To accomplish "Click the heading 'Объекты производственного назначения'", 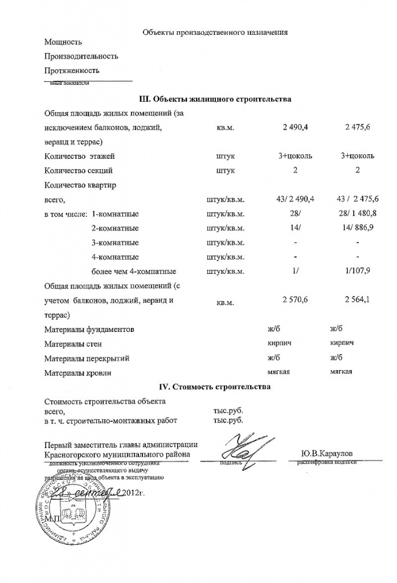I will tap(215, 32).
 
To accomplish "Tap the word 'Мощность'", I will tap(63, 42).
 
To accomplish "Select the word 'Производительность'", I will tap(81, 56).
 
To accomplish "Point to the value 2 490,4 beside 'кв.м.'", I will tap(295, 127).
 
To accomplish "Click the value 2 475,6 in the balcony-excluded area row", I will tap(358, 127).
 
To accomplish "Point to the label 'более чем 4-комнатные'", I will tap(133, 271).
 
